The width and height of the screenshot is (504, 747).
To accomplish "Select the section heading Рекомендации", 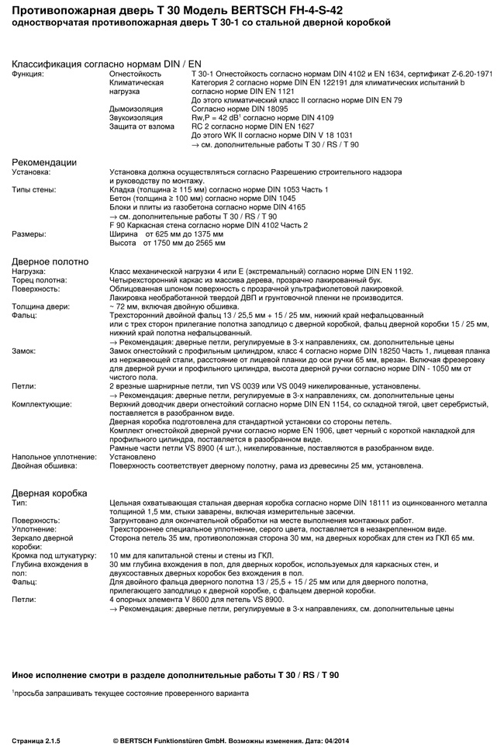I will [x=44, y=163].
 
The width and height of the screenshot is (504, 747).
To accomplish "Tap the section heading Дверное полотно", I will [x=50, y=261].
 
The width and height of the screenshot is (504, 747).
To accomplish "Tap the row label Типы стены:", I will [x=34, y=190].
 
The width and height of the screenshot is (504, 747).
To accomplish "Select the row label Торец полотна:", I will [x=40, y=280].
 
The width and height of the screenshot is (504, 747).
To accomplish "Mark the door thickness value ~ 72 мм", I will [x=126, y=306].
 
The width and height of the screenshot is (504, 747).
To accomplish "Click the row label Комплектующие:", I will [x=42, y=404].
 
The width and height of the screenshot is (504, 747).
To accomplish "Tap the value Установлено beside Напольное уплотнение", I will [x=133, y=457].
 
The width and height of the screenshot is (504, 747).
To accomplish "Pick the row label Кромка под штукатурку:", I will [x=54, y=555].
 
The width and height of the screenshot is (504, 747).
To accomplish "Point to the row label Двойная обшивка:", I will [x=44, y=465].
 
